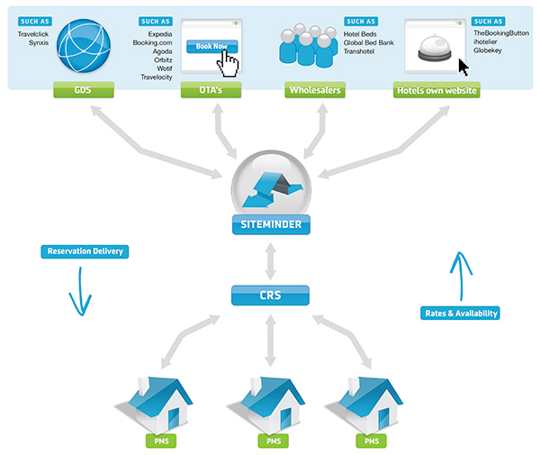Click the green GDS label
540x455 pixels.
[84, 90]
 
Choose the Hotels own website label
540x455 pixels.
[436, 90]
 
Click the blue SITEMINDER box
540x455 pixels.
[270, 223]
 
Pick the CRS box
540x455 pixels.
[270, 294]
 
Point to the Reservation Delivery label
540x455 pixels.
[85, 251]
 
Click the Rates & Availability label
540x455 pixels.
[459, 314]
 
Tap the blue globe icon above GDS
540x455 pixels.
[84, 46]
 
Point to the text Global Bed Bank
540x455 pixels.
[369, 42]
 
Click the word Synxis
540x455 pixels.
[39, 42]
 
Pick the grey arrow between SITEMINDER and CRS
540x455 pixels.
[270, 260]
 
